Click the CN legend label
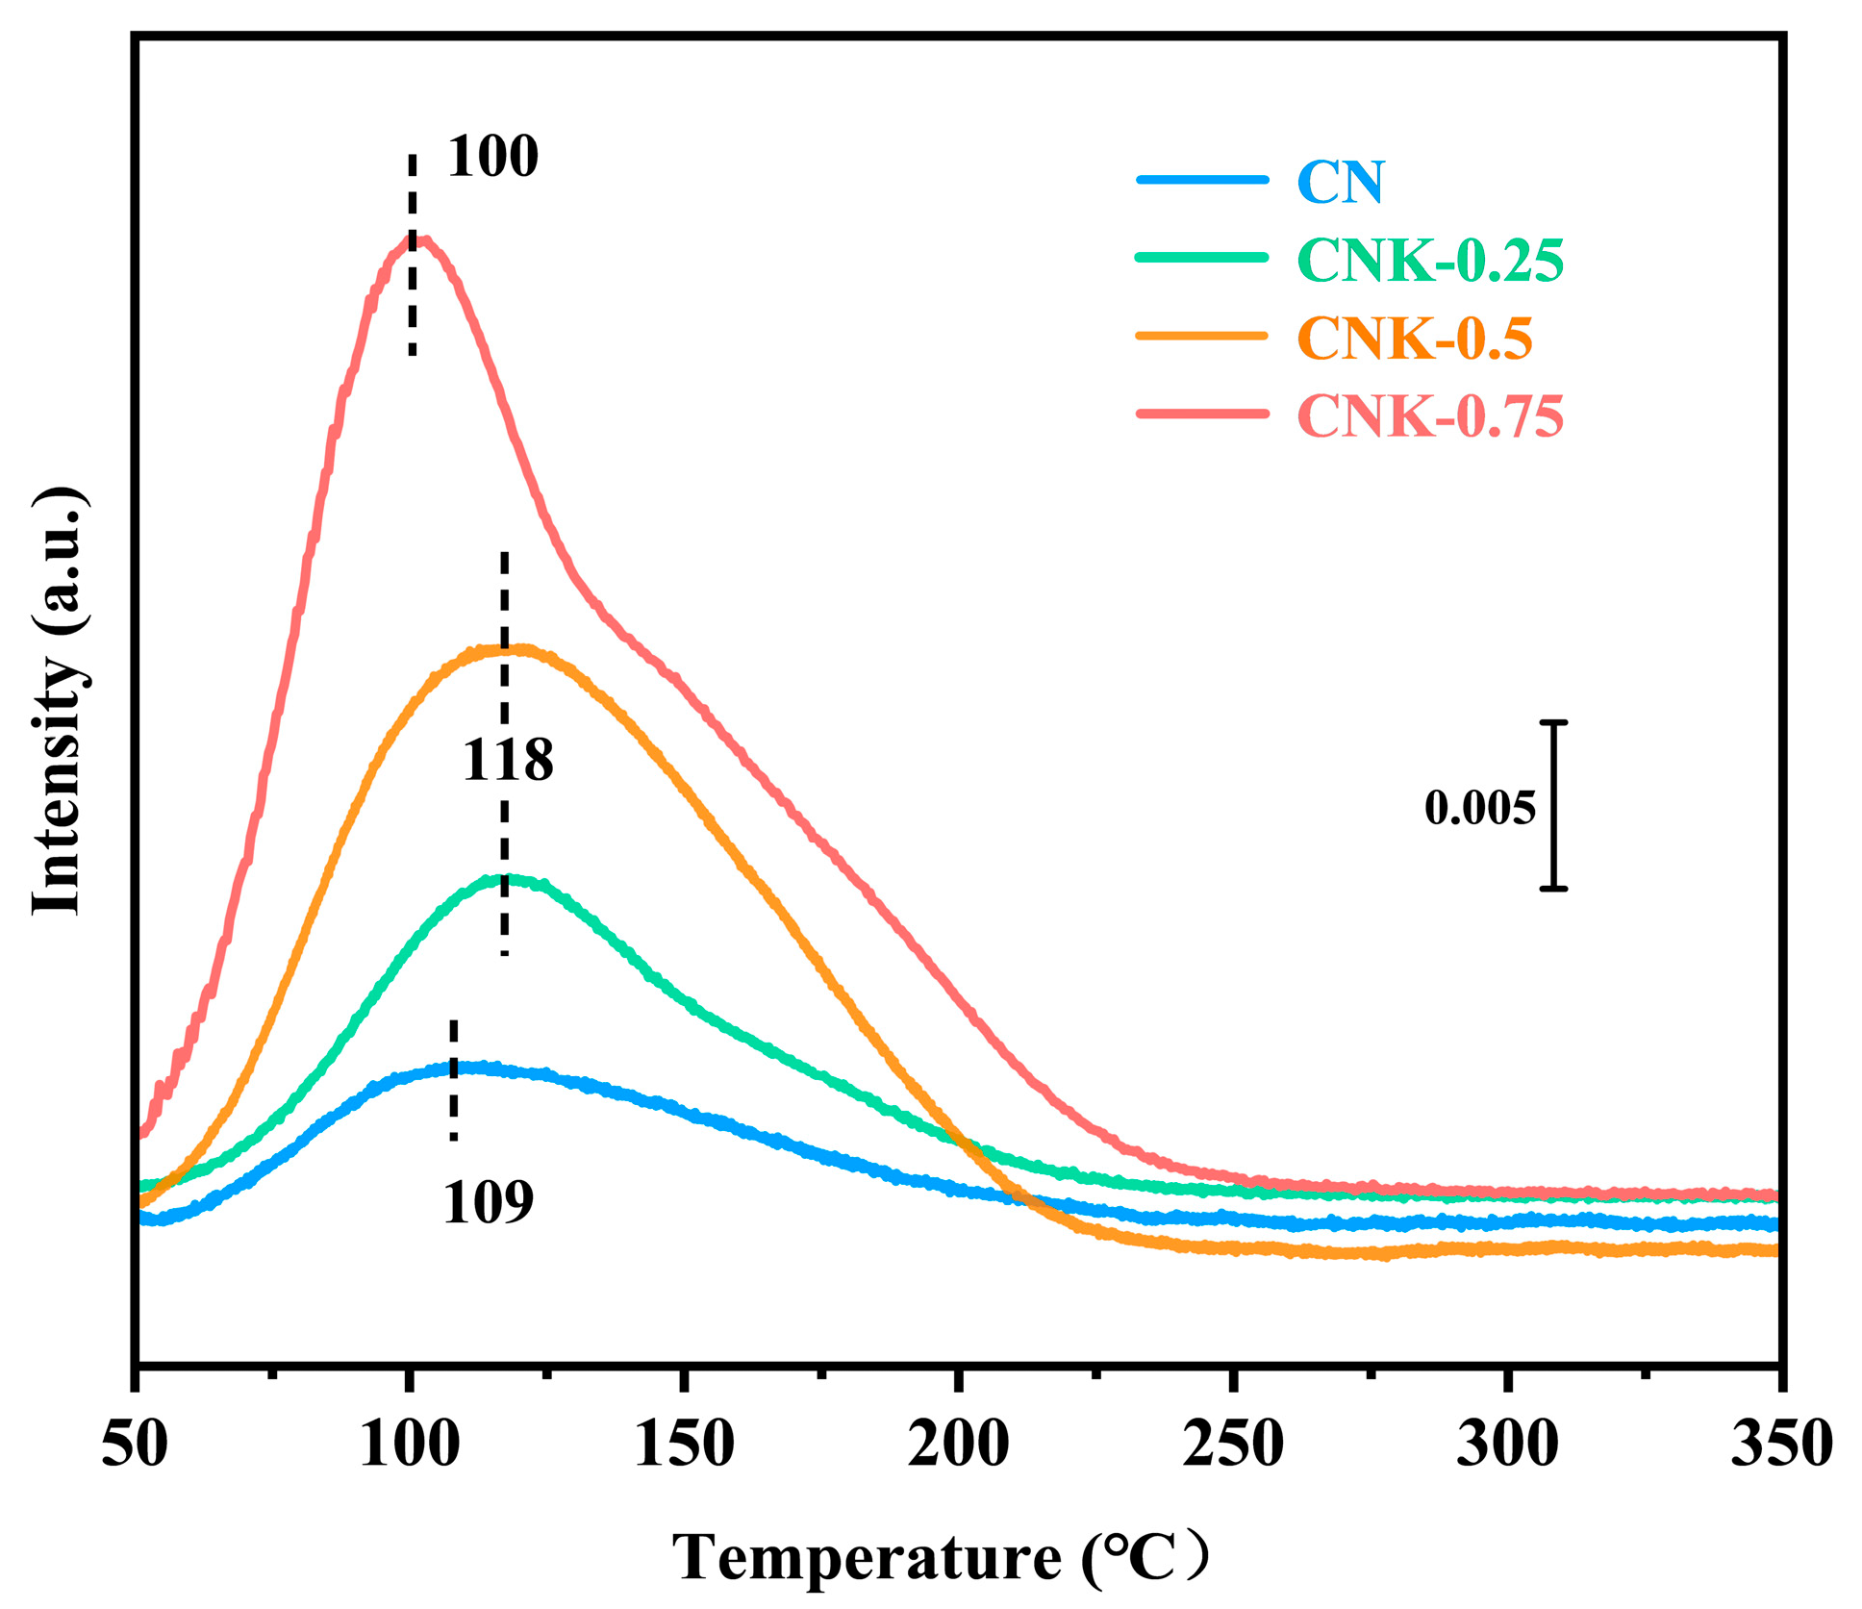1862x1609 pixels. tap(1340, 182)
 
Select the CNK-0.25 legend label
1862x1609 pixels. tap(1430, 261)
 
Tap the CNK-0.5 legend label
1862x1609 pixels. tap(1414, 339)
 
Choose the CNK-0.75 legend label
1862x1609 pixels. tap(1430, 416)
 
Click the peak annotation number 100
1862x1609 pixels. tap(492, 157)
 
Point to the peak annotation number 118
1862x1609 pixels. tap(508, 761)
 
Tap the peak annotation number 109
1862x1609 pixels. tap(488, 1202)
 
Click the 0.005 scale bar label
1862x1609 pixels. tap(1479, 808)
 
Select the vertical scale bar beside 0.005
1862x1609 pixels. tap(1553, 805)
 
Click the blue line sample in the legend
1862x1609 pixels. tap(1202, 180)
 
